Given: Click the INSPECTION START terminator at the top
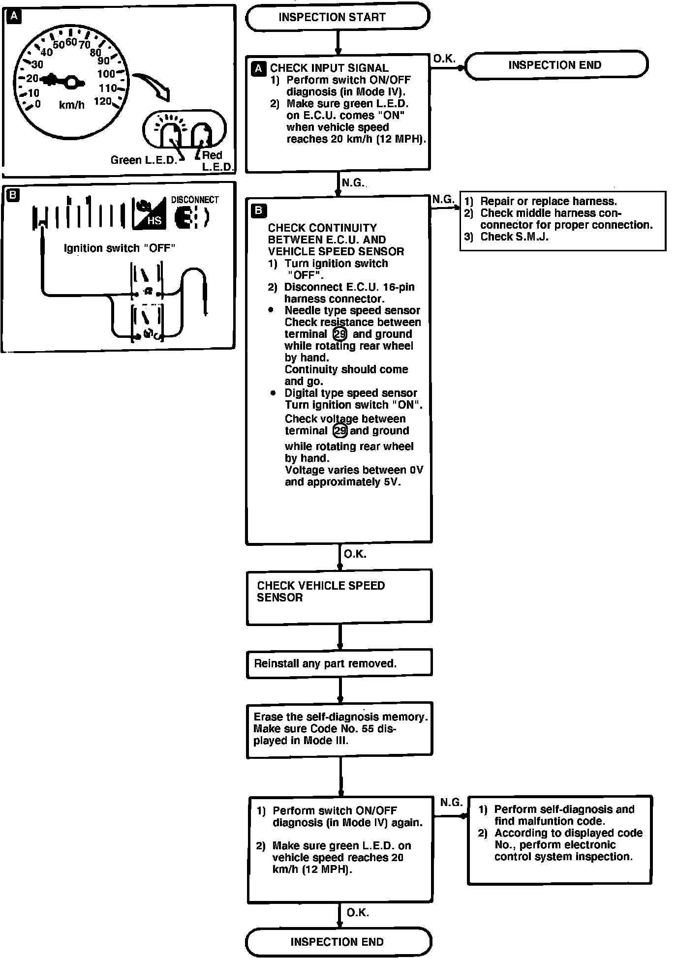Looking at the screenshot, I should [x=338, y=17].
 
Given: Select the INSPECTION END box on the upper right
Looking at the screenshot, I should [x=556, y=65].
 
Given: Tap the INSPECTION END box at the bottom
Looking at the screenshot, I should [x=338, y=941].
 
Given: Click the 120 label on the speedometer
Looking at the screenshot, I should [x=102, y=101].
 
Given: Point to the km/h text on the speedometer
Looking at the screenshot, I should [x=72, y=105].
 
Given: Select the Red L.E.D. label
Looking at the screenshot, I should [x=216, y=161].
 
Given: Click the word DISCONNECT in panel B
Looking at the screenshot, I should [x=195, y=200].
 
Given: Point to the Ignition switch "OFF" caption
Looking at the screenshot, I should [x=120, y=248].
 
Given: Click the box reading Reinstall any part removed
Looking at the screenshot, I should [x=339, y=663].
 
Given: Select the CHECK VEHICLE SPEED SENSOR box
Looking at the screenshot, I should [x=339, y=597].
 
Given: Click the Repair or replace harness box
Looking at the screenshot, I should [x=562, y=221].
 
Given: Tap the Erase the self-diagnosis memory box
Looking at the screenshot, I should [x=339, y=729].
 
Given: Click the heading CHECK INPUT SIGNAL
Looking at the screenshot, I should [x=329, y=68].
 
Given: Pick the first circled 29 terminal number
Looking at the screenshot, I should [x=340, y=334].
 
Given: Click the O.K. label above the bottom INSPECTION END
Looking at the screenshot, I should [x=358, y=912].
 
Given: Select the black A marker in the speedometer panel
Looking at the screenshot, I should [x=14, y=16].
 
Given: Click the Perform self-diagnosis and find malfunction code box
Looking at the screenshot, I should [x=559, y=839].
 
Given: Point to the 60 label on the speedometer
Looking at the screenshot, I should [x=71, y=42].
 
